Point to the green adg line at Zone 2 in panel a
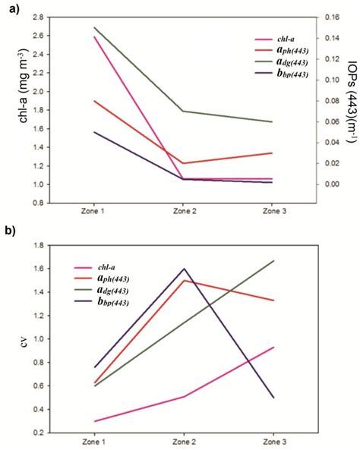pos(182,112)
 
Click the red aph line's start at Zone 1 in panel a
pos(92,101)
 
